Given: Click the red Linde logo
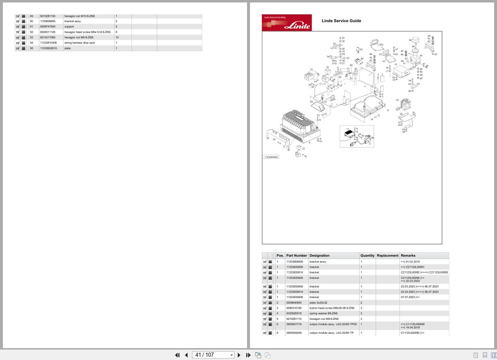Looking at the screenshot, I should (x=286, y=23).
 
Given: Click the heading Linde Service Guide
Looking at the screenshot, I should (x=341, y=21).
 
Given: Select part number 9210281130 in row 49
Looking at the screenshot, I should (x=48, y=16).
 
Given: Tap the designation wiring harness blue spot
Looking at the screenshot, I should (x=79, y=43).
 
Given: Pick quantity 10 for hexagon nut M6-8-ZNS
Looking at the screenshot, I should (x=117, y=37).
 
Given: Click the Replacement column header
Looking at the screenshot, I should (x=388, y=255).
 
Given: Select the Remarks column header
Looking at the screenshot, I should (x=408, y=255).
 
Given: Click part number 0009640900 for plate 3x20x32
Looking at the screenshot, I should (x=294, y=302).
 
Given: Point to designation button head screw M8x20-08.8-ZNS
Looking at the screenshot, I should (x=332, y=308).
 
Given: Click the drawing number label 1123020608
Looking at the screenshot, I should (x=271, y=157).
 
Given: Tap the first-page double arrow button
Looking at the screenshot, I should (x=177, y=355).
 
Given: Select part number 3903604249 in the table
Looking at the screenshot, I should (x=294, y=333).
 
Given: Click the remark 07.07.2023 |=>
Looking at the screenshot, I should (x=410, y=297).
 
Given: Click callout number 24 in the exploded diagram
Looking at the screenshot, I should (x=274, y=139).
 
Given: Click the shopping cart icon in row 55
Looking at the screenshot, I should (x=18, y=48).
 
